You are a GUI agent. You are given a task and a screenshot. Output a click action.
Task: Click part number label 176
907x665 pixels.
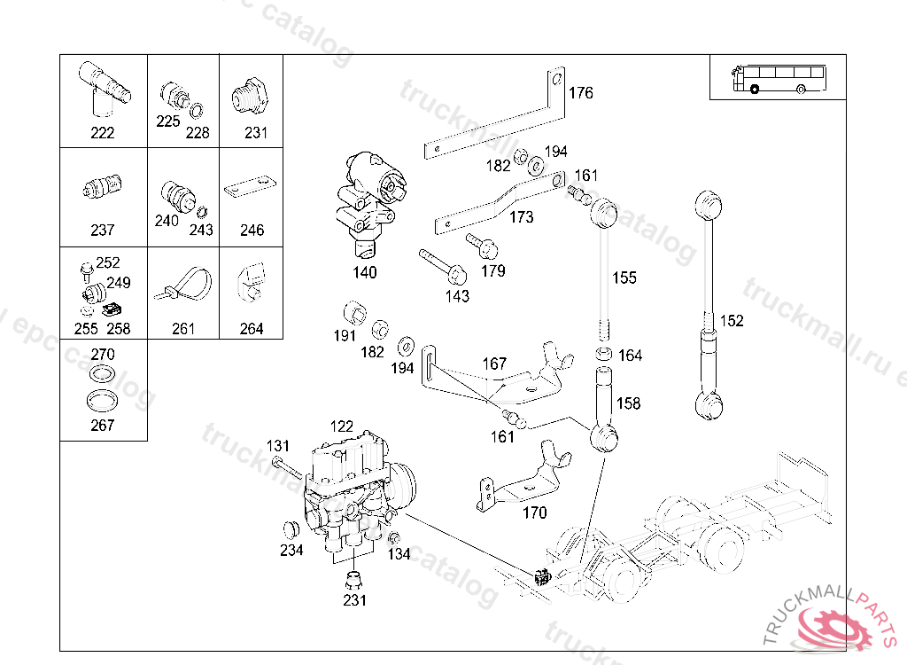point(581,93)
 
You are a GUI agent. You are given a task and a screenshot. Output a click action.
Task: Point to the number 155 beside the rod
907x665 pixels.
point(624,278)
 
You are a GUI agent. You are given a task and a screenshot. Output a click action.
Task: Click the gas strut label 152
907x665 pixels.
point(732,321)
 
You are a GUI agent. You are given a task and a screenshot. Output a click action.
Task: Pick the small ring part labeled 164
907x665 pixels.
point(603,355)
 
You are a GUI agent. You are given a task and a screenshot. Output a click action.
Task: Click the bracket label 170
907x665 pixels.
point(535,512)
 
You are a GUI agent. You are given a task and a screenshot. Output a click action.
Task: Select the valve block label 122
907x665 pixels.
point(342,426)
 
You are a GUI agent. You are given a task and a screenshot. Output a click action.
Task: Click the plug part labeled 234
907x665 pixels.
point(288,530)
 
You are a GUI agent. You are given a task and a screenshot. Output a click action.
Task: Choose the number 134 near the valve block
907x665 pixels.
point(399,554)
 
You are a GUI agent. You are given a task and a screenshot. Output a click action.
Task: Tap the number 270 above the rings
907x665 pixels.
point(103,355)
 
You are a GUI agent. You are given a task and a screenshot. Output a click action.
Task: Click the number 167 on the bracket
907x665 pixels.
point(494,364)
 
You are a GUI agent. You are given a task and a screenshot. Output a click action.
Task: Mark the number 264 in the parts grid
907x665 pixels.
point(252,329)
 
